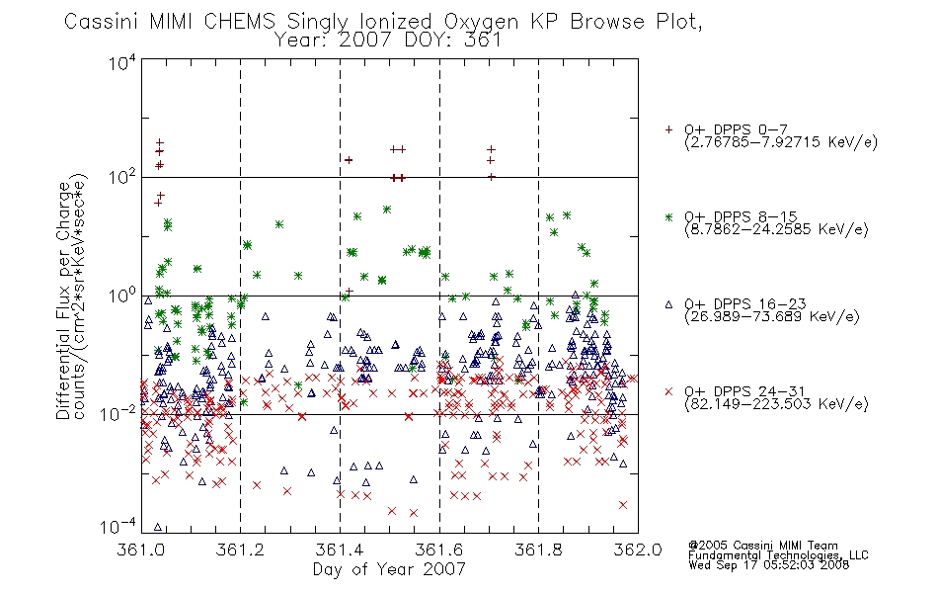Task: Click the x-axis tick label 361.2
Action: click(240, 550)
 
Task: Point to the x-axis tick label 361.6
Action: click(439, 550)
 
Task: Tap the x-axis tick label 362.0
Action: click(638, 550)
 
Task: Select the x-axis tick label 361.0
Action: click(140, 550)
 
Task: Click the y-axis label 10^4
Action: click(122, 62)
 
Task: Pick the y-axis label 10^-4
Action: click(118, 526)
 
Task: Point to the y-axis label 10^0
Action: click(122, 296)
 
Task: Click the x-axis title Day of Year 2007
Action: click(389, 569)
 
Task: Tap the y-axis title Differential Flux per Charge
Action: click(64, 300)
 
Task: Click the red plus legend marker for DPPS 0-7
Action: click(668, 129)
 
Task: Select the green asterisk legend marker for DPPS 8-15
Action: click(668, 216)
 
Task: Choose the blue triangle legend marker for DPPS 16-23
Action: click(668, 304)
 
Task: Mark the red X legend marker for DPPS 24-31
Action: click(668, 391)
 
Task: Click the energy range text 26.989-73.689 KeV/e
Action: click(772, 316)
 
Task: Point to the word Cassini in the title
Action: click(103, 22)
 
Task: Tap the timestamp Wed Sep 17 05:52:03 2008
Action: click(769, 564)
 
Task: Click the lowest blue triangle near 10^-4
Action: click(158, 527)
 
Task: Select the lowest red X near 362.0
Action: click(623, 505)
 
